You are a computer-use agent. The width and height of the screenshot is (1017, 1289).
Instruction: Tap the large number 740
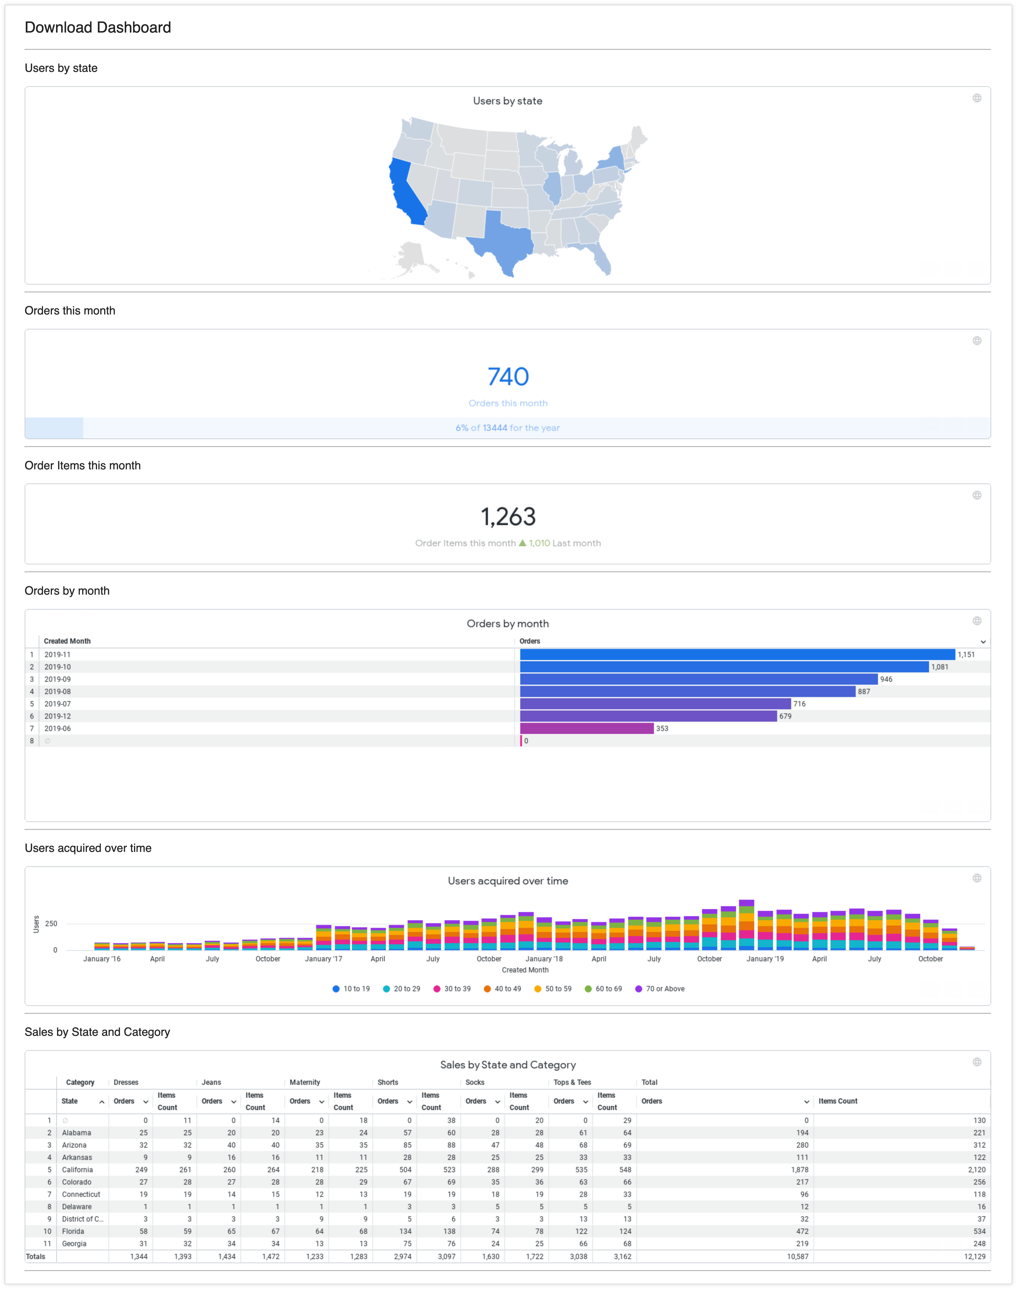click(508, 376)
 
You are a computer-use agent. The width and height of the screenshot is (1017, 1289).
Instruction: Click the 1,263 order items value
click(508, 516)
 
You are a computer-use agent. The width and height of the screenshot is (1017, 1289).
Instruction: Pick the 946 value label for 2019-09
click(886, 679)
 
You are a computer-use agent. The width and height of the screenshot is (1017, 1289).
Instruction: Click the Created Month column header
click(67, 641)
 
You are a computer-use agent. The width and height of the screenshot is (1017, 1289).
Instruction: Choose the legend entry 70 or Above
click(665, 989)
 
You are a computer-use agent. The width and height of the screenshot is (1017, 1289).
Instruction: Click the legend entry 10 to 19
click(356, 989)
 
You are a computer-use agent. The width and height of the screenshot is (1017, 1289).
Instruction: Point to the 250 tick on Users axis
click(51, 924)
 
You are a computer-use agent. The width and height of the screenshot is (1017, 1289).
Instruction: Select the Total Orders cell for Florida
click(802, 1231)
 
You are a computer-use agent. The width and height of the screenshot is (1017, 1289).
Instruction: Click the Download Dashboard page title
click(98, 27)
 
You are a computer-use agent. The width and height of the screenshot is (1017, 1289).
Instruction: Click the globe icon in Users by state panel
click(977, 98)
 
